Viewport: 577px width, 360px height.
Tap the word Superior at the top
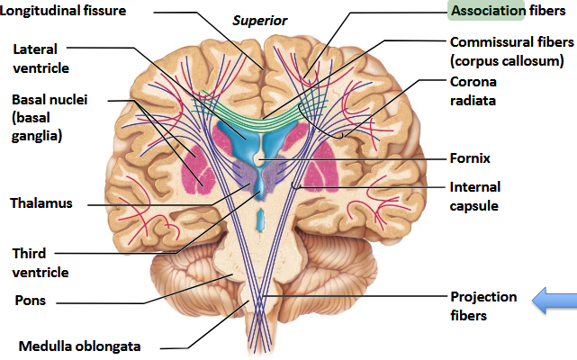point(261,19)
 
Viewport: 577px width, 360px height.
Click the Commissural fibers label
point(509,42)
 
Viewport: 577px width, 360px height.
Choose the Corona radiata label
point(473,91)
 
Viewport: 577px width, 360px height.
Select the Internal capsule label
point(474,196)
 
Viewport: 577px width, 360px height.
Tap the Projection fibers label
point(483,306)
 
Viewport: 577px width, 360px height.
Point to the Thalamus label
point(40,202)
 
